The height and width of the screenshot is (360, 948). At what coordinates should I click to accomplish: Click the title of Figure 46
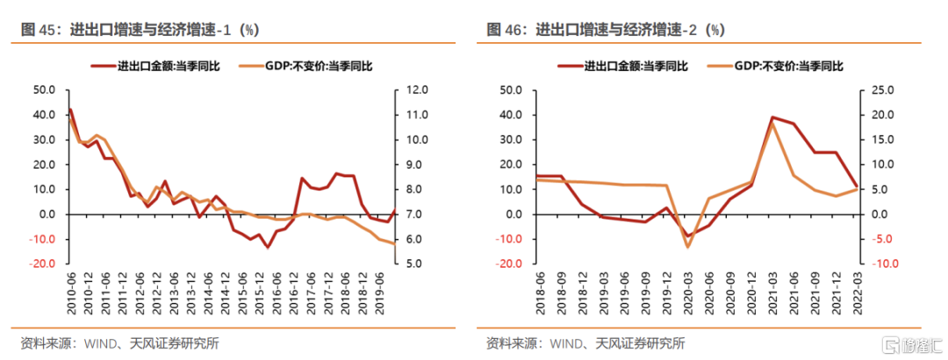click(x=606, y=30)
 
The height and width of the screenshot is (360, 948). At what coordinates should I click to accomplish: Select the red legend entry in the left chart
click(x=162, y=66)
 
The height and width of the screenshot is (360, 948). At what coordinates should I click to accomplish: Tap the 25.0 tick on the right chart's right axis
click(x=880, y=90)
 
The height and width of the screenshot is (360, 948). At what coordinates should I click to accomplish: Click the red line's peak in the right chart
click(x=772, y=117)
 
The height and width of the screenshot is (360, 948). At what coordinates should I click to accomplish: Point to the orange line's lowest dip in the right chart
click(x=687, y=247)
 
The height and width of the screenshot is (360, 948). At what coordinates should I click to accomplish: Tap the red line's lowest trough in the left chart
click(x=268, y=248)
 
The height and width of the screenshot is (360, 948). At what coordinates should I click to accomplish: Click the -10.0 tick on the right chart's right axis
click(x=880, y=263)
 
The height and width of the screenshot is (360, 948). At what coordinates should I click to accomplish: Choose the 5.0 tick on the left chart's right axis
click(x=412, y=263)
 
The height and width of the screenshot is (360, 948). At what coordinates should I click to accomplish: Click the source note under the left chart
click(x=118, y=343)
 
